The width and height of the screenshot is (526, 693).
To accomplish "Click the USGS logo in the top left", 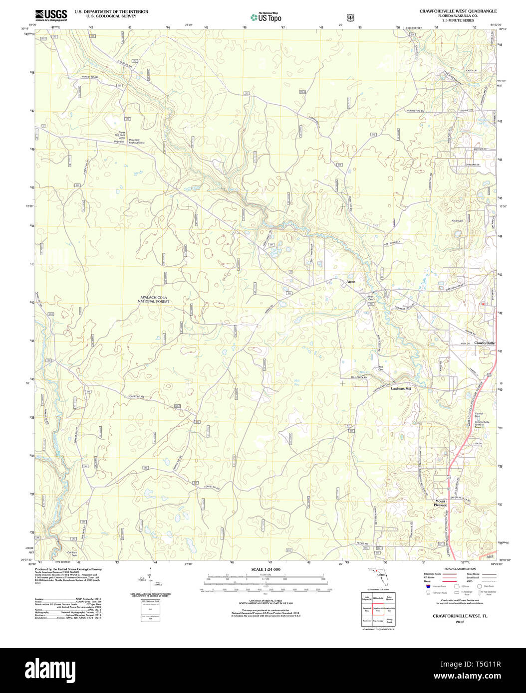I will click(51, 15).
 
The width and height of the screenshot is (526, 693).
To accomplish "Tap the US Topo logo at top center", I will click(266, 17).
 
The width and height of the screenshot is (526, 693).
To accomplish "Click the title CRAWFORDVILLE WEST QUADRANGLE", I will click(458, 11).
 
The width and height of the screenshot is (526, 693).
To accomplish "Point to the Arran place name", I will click(351, 282).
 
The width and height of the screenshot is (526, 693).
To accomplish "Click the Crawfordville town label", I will click(484, 343).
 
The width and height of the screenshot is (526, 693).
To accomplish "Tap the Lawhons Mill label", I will click(401, 388).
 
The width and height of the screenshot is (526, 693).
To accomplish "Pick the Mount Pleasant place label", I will click(440, 503).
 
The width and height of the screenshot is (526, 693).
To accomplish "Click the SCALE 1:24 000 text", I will click(265, 569).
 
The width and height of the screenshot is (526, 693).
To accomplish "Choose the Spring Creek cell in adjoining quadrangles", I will click(390, 621).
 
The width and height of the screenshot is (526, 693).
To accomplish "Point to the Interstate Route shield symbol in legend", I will click(428, 587).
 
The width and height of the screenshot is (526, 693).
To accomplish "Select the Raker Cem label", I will click(457, 221).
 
